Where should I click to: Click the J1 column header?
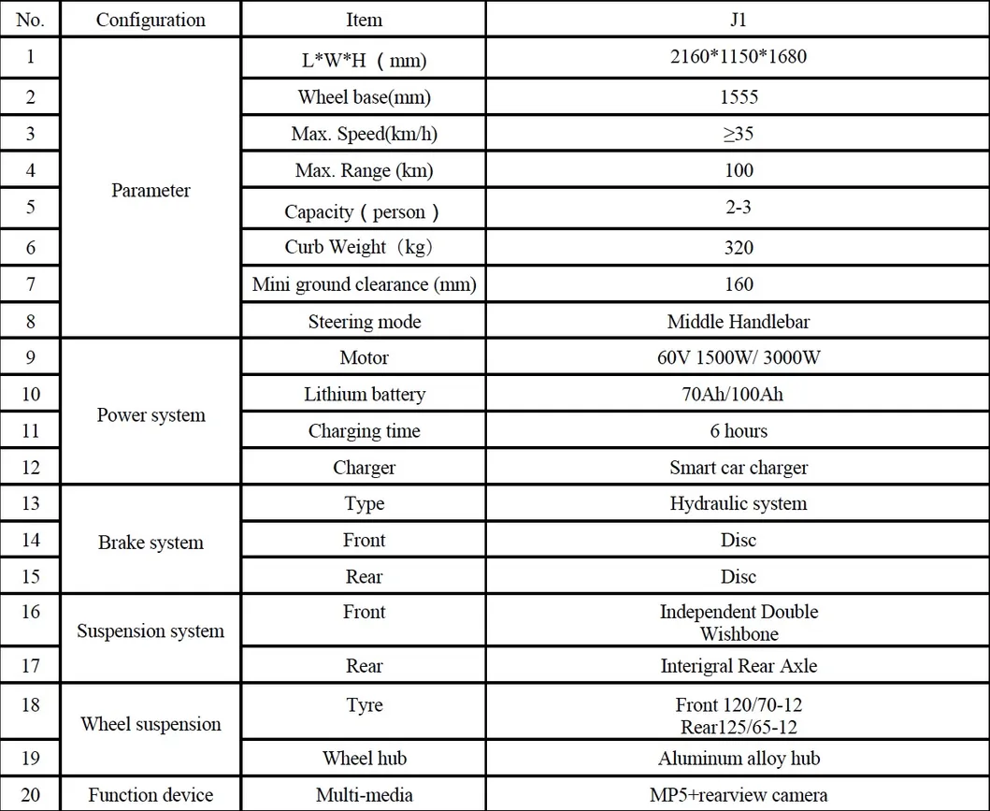pyautogui.click(x=738, y=19)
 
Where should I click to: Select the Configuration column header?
pyautogui.click(x=151, y=20)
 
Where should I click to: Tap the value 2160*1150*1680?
pyautogui.click(x=738, y=56)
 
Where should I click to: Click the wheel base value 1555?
pyautogui.click(x=738, y=96)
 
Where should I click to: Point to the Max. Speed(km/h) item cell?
pyautogui.click(x=364, y=134)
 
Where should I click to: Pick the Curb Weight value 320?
pyautogui.click(x=738, y=248)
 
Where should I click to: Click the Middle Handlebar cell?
pyautogui.click(x=738, y=322)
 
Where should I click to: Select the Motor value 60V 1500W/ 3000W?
pyautogui.click(x=738, y=357)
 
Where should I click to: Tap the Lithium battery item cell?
pyautogui.click(x=364, y=394)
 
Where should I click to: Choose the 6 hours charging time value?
pyautogui.click(x=738, y=431)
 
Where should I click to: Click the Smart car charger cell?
pyautogui.click(x=738, y=468)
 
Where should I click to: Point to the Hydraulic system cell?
pyautogui.click(x=738, y=503)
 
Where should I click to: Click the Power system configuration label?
pyautogui.click(x=151, y=414)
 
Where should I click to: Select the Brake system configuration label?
pyautogui.click(x=151, y=543)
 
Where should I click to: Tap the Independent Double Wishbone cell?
pyautogui.click(x=738, y=623)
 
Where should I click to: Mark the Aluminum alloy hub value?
pyautogui.click(x=738, y=759)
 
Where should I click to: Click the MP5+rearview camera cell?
pyautogui.click(x=738, y=795)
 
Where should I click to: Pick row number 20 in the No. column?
pyautogui.click(x=31, y=795)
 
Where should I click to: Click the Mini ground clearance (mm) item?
pyautogui.click(x=364, y=284)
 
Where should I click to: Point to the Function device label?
pyautogui.click(x=151, y=795)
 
